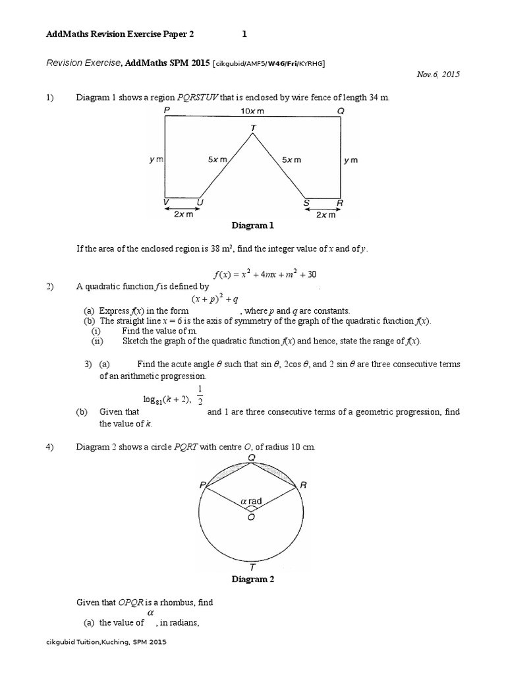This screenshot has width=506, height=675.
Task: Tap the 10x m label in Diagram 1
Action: [253, 112]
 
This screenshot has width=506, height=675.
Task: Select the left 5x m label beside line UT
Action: [219, 160]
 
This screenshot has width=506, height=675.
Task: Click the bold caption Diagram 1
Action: [252, 225]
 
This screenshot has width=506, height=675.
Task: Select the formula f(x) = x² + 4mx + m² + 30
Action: [253, 274]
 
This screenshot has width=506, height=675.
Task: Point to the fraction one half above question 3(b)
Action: [200, 394]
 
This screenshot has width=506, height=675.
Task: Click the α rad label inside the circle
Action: [251, 501]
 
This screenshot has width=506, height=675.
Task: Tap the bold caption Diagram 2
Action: [252, 579]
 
